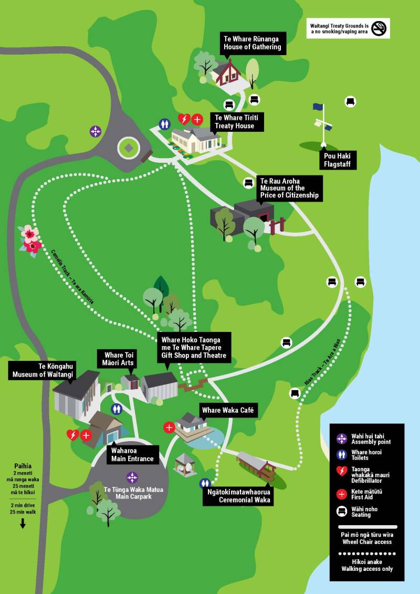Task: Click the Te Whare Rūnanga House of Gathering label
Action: click(252, 43)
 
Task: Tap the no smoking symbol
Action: click(379, 28)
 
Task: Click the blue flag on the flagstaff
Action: click(318, 107)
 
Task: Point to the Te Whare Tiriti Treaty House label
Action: click(236, 121)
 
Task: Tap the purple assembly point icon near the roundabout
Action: click(95, 131)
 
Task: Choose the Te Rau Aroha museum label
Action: click(289, 188)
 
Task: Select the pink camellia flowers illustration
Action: click(30, 239)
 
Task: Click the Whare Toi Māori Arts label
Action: click(119, 359)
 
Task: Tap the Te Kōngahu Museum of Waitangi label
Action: click(43, 370)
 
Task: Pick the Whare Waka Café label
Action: click(229, 410)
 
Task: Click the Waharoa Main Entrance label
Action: click(132, 454)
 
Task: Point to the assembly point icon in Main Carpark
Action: click(132, 477)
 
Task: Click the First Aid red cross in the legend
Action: click(342, 494)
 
